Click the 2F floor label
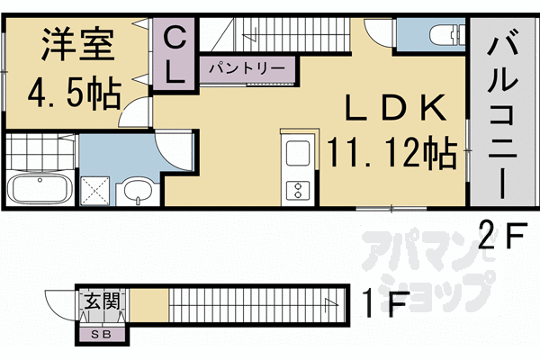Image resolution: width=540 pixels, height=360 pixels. point(501,238)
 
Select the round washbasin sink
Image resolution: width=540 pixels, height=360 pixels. point(138,192)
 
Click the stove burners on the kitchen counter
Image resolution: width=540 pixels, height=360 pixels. point(295,189)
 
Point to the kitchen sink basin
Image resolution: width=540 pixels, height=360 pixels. point(296,155)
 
